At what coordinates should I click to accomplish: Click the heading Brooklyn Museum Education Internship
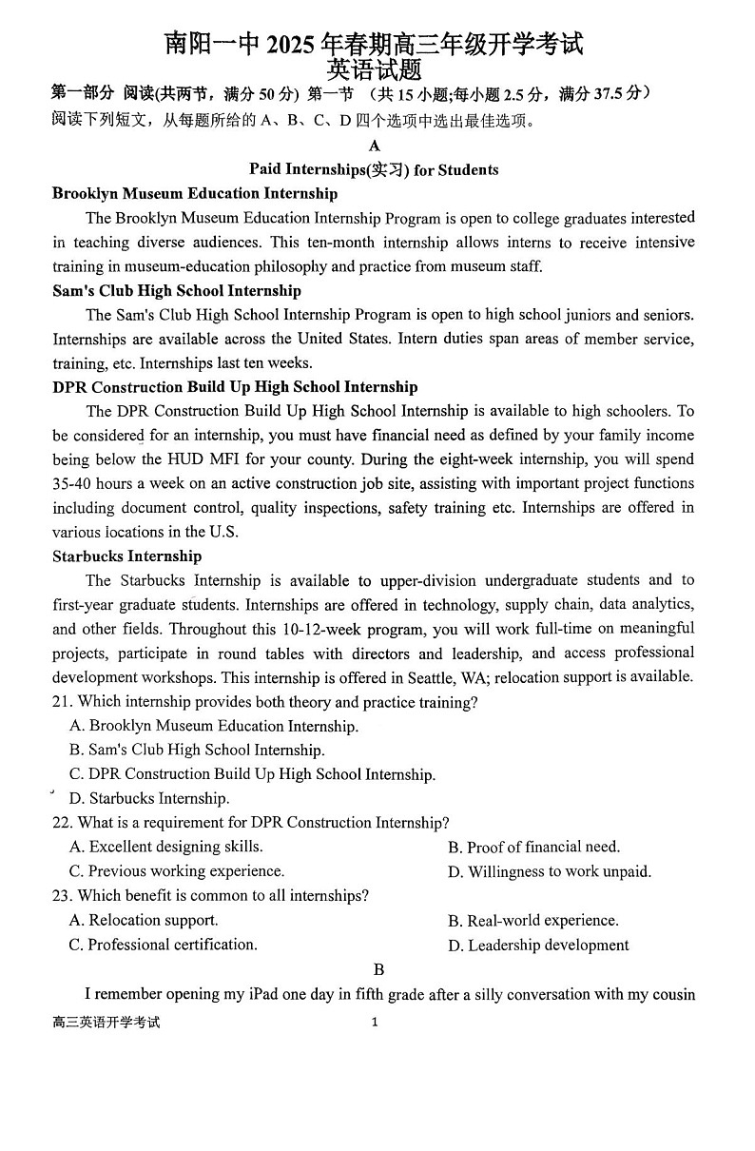(195, 193)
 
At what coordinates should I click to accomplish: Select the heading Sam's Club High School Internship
(177, 290)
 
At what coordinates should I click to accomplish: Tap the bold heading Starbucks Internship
(126, 556)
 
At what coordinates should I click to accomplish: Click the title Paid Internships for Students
(374, 169)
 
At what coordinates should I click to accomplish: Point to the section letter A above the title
(374, 146)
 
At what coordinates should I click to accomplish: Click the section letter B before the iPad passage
(378, 969)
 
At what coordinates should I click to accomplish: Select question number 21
(62, 702)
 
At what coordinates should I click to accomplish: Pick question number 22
(62, 822)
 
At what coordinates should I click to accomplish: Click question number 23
(62, 895)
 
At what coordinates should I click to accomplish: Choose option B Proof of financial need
(533, 847)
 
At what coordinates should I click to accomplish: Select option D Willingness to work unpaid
(550, 871)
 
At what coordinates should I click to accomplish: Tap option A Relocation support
(144, 920)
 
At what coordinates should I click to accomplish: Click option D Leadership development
(538, 945)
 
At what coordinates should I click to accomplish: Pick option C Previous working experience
(177, 870)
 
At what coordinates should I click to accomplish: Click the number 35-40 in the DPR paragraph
(72, 483)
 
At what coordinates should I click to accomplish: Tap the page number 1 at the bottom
(375, 1022)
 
